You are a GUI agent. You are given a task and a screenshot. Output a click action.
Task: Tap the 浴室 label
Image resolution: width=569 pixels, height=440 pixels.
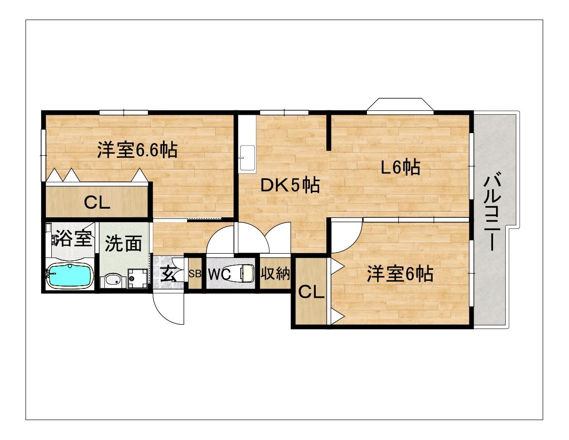point(73,238)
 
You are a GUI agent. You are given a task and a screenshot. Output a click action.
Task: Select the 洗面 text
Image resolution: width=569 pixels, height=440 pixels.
point(123,243)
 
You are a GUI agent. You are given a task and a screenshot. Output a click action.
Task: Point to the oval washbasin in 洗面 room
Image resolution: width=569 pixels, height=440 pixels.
point(113,281)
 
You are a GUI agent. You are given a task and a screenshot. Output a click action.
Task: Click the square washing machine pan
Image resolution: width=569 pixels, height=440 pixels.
point(137,279)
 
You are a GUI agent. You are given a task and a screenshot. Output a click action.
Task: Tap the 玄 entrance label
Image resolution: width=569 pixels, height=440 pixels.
point(168,274)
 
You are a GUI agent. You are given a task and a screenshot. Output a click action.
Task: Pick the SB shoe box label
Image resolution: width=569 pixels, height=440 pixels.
point(195,273)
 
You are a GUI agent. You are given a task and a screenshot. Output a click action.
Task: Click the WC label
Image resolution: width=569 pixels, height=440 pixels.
point(219,274)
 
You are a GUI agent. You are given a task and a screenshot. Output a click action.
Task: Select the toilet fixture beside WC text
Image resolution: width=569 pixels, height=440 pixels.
point(244,273)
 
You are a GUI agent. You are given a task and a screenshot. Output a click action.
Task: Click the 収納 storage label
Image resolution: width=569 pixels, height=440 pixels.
point(276,274)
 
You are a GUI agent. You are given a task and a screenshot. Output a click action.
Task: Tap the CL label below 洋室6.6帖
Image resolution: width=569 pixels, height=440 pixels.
point(97,203)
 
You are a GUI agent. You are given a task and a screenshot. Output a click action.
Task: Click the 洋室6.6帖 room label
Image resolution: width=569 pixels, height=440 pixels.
point(136,150)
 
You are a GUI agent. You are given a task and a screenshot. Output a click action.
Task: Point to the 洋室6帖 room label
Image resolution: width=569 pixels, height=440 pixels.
point(399,274)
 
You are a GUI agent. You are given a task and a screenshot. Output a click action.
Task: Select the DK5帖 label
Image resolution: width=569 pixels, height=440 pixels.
point(290,185)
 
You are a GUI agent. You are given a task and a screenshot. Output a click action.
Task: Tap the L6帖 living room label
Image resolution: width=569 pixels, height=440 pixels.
point(400,167)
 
